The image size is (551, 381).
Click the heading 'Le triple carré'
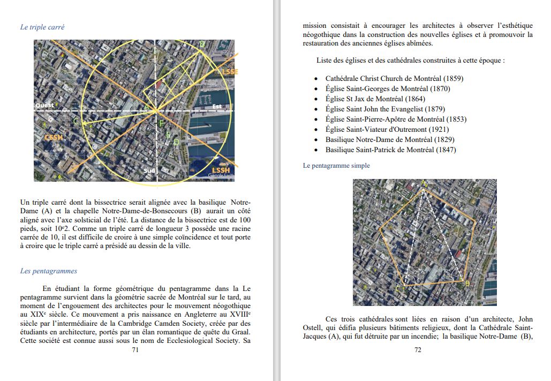(x=42, y=27)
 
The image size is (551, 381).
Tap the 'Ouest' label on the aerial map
(x=44, y=106)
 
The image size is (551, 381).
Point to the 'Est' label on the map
(x=217, y=106)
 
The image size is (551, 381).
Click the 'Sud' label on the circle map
(x=149, y=171)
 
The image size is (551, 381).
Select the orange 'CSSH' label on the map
(x=53, y=138)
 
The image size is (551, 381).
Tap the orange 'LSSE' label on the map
(x=230, y=72)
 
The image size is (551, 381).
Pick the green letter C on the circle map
(x=76, y=122)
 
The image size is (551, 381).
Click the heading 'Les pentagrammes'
(x=49, y=271)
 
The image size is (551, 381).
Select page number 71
(x=135, y=350)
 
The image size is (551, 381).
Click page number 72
(x=418, y=350)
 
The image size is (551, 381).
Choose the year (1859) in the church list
(x=453, y=78)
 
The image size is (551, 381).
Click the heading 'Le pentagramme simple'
(x=336, y=166)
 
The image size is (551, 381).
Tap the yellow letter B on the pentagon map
(x=467, y=282)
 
